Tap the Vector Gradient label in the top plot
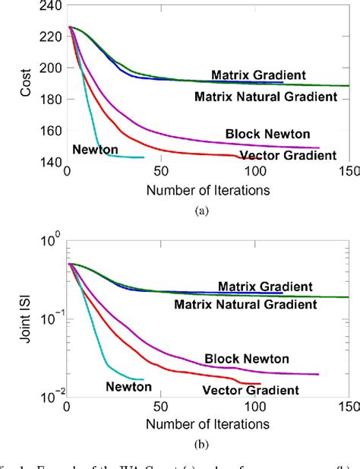pos(287,156)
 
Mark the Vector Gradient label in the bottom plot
pos(250,391)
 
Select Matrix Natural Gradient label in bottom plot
pos(245,304)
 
